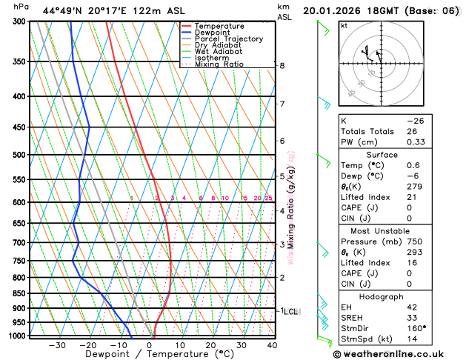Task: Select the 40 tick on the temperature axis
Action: coord(272,345)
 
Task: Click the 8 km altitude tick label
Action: coord(282,66)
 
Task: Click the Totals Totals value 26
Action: coord(412,131)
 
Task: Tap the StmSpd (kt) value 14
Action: coord(412,339)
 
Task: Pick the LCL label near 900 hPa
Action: coord(290,312)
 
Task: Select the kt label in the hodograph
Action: coord(344,25)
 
